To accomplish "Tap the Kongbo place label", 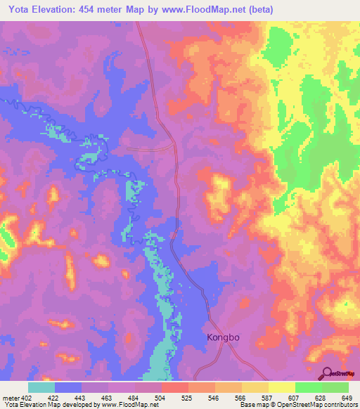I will tap(224, 337).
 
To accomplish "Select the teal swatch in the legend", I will tap(41, 388).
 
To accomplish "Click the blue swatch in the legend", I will tap(68, 388).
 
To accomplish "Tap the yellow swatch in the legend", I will tap(282, 388).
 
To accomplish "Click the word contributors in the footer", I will tap(340, 405).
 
